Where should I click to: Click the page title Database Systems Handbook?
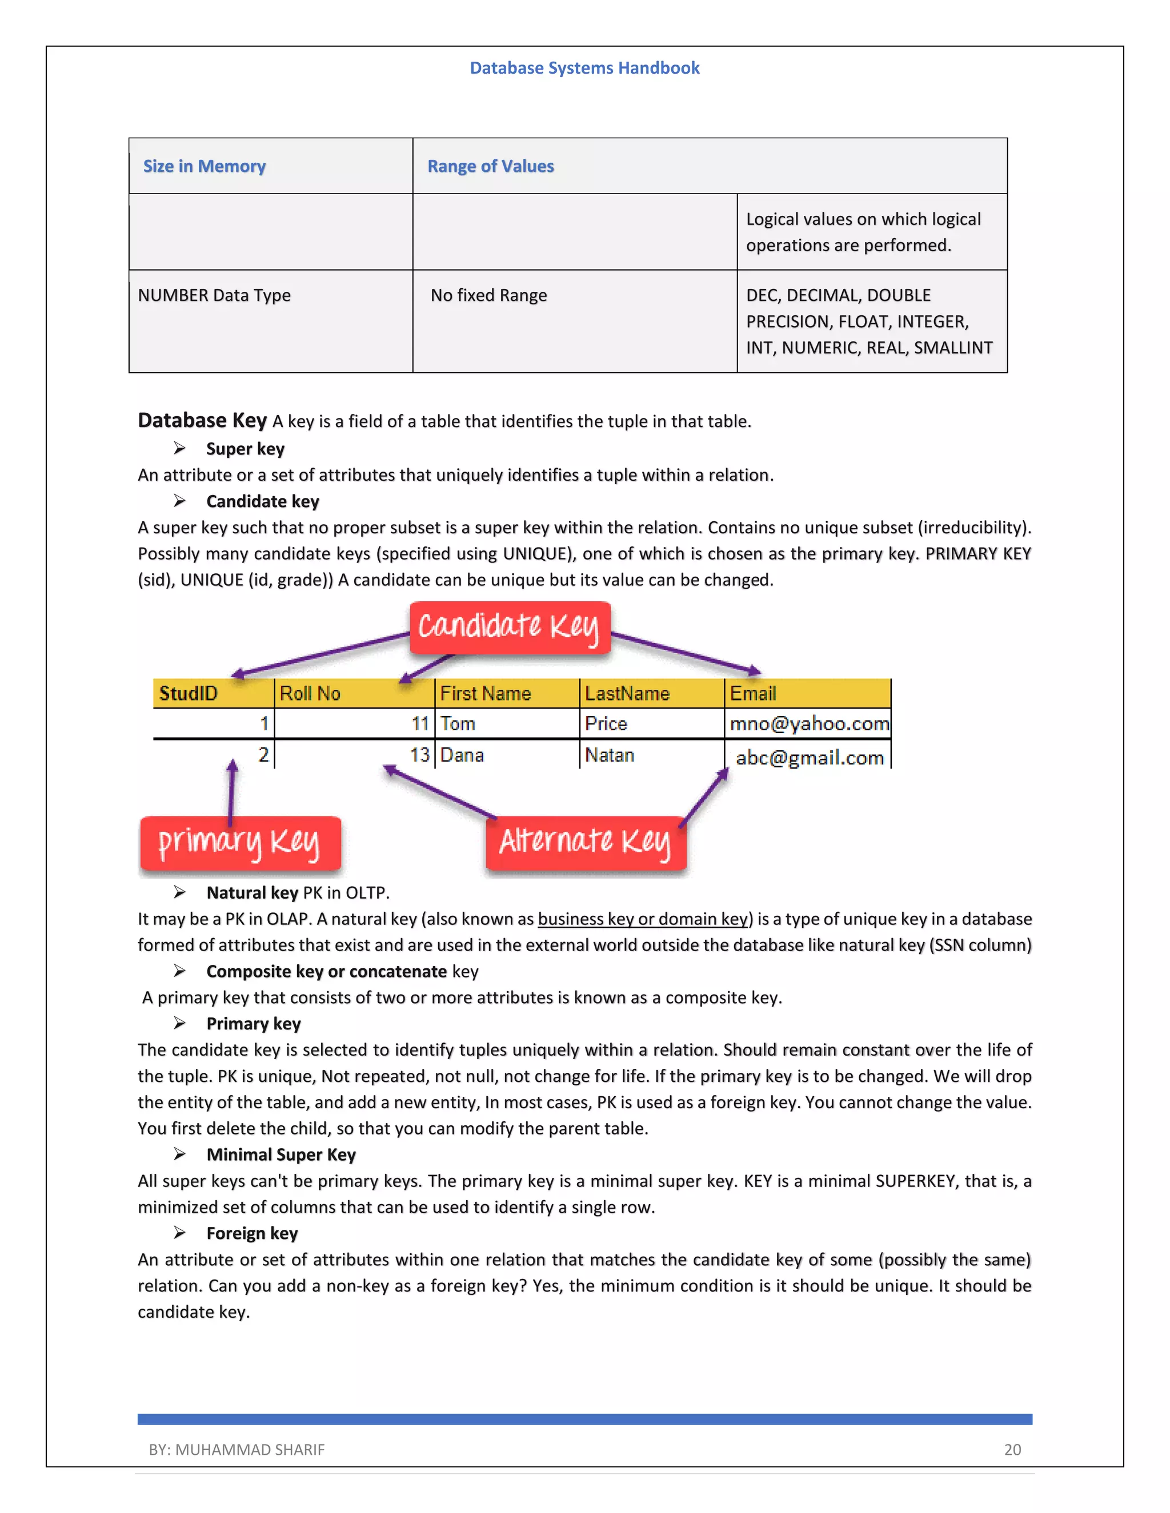[x=584, y=68]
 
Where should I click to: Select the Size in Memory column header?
[x=205, y=166]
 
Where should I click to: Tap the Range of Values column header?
[x=490, y=166]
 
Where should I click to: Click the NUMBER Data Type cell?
[x=214, y=295]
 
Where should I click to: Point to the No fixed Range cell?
[x=488, y=295]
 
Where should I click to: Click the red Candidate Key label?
[x=510, y=627]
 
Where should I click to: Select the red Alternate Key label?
[x=586, y=842]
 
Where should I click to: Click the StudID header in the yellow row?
[x=189, y=694]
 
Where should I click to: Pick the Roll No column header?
[x=310, y=694]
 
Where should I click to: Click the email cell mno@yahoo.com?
[x=809, y=724]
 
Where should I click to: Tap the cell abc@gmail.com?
[x=810, y=757]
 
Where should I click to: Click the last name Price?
[x=606, y=723]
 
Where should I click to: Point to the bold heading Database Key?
[x=202, y=421]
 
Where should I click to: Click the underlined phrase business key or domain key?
[x=643, y=919]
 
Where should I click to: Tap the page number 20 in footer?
[x=1012, y=1449]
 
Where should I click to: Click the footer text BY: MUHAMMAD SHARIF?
[x=237, y=1449]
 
